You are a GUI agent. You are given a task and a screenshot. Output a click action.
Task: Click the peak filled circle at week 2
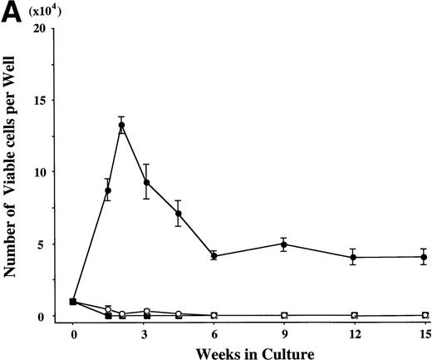tap(121, 126)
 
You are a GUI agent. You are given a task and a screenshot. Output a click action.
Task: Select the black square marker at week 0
tap(74, 302)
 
